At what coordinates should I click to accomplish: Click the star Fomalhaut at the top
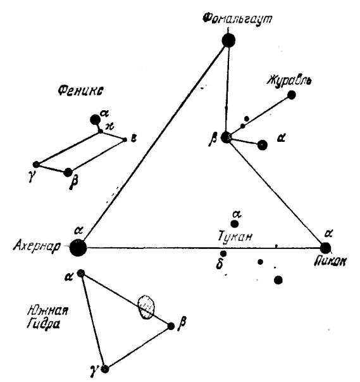pyautogui.click(x=228, y=41)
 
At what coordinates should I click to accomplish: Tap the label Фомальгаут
pyautogui.click(x=237, y=18)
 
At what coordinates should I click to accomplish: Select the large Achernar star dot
pyautogui.click(x=78, y=248)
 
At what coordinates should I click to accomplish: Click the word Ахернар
pyautogui.click(x=37, y=246)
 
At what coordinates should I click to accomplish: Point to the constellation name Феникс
pyautogui.click(x=80, y=91)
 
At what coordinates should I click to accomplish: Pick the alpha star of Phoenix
pyautogui.click(x=95, y=120)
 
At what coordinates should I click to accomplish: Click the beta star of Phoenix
pyautogui.click(x=68, y=172)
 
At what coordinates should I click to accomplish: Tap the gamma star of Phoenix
pyautogui.click(x=36, y=165)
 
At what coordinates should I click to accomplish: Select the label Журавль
pyautogui.click(x=289, y=80)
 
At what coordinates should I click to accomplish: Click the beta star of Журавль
pyautogui.click(x=227, y=137)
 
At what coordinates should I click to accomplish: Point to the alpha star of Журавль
pyautogui.click(x=262, y=145)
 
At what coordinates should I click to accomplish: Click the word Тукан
pyautogui.click(x=235, y=236)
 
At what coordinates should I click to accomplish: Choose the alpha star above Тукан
pyautogui.click(x=235, y=224)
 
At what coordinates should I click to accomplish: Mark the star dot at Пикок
pyautogui.click(x=325, y=248)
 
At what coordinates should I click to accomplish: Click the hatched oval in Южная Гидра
pyautogui.click(x=146, y=307)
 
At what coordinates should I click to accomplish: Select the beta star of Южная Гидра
pyautogui.click(x=171, y=326)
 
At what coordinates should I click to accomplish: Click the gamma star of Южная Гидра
pyautogui.click(x=105, y=369)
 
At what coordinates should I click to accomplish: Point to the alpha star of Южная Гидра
pyautogui.click(x=81, y=273)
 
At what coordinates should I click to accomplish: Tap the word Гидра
pyautogui.click(x=44, y=324)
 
